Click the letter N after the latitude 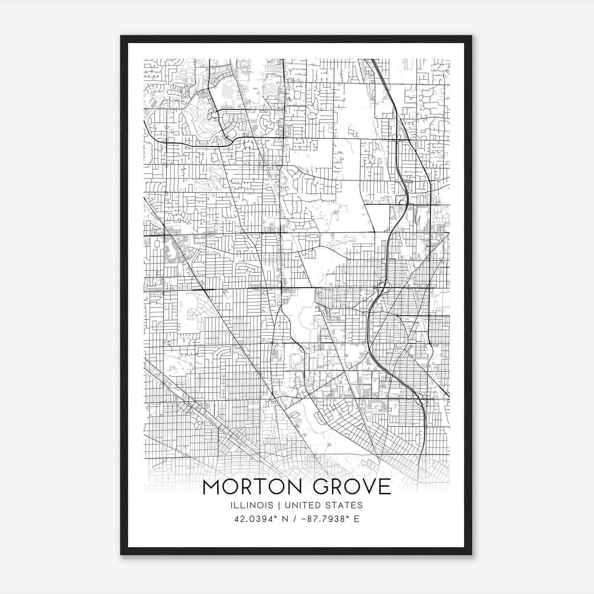285,519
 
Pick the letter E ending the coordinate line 357,519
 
